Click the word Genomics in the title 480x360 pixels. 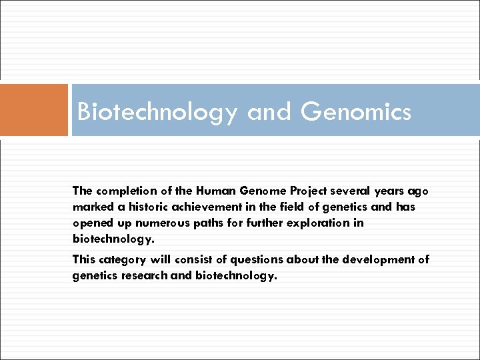[x=356, y=112]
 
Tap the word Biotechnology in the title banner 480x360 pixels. [x=157, y=112]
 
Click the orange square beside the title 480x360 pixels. [x=34, y=110]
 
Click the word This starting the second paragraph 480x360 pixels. [x=83, y=259]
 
